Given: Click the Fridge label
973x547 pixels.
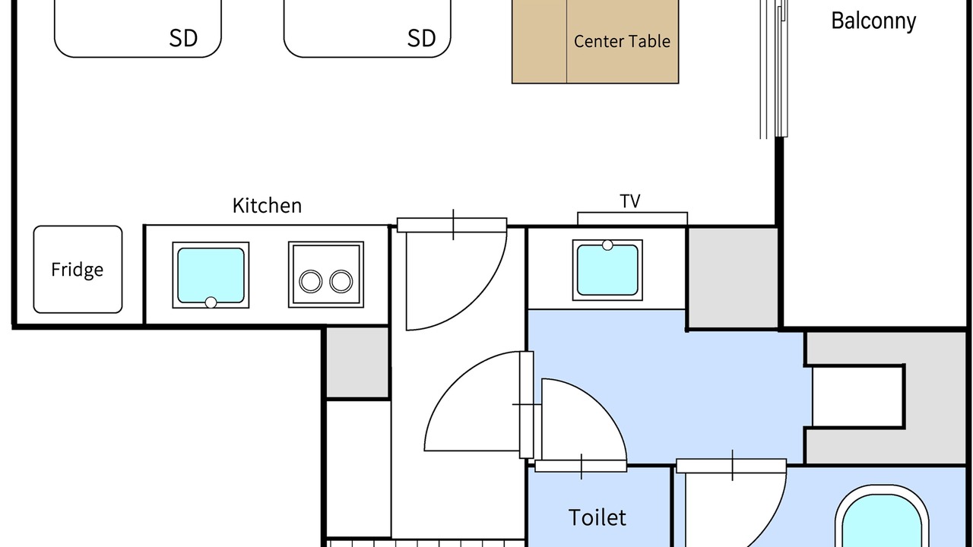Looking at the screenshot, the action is (78, 270).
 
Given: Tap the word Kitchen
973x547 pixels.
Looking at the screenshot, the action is (267, 205).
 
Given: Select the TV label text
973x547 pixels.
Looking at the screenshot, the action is (630, 201).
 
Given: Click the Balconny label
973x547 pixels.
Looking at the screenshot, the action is (873, 21).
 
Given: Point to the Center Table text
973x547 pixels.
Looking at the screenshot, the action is (622, 41).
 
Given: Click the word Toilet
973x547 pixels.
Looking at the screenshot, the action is (597, 517).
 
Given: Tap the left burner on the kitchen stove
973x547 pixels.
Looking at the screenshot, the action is (311, 281).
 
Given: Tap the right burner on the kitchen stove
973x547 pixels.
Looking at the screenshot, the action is (341, 281).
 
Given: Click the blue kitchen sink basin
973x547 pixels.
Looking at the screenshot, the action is (211, 275).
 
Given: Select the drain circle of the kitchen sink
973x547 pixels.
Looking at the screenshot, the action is (211, 302).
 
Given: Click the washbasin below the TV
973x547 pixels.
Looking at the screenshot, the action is (607, 270).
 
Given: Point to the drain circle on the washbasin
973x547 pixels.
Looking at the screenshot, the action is (607, 245).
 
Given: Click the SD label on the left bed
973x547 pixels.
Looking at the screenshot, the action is (183, 38).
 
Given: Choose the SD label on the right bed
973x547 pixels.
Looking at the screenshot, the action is (421, 38).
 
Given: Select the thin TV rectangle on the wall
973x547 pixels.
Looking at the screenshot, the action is (632, 218).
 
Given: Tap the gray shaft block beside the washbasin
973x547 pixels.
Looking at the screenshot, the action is (734, 278).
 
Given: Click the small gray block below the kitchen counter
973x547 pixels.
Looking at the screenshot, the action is (357, 362).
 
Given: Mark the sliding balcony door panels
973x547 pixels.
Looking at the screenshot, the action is (774, 69).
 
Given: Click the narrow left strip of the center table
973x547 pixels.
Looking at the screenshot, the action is (539, 41).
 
